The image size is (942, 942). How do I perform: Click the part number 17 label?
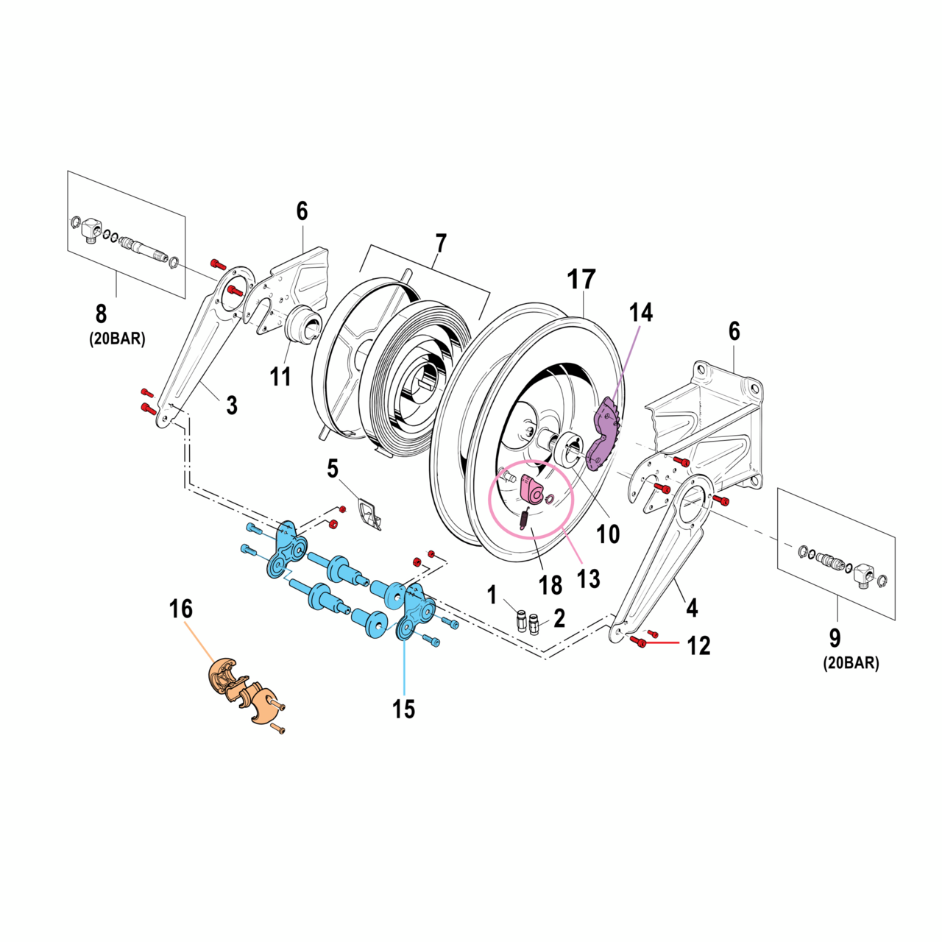pos(581,280)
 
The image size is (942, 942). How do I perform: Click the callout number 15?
pos(403,709)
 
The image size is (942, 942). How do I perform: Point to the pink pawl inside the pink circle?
pos(530,486)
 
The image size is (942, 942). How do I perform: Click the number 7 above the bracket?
pos(440,243)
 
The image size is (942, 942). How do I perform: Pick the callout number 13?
pos(588,578)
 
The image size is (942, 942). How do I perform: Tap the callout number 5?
pos(333,468)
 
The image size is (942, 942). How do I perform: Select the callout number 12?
pos(698,645)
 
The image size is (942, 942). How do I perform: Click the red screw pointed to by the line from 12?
pos(639,643)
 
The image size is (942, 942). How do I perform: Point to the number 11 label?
pos(280,376)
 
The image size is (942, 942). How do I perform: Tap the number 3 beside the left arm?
pos(232,404)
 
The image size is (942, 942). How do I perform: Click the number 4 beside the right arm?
pos(692,608)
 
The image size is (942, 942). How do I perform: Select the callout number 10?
pos(608,534)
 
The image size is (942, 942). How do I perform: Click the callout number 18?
pos(550,585)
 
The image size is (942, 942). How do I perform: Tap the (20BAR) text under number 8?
pos(118,339)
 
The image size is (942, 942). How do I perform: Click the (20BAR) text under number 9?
pos(851,662)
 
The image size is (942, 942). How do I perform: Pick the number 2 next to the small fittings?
pos(559,618)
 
